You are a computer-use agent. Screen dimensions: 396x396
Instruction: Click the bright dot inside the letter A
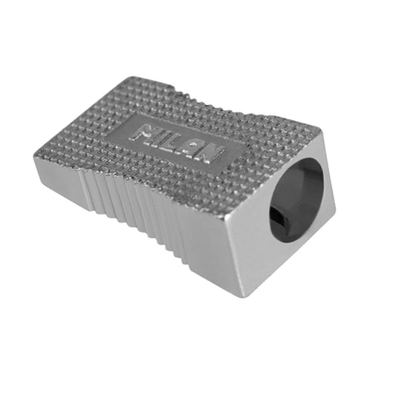point(193,145)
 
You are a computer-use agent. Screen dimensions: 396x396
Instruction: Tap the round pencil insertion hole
point(296,200)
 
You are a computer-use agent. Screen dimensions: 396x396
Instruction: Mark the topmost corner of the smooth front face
point(322,131)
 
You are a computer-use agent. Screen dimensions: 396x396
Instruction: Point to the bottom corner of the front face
point(242,297)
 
